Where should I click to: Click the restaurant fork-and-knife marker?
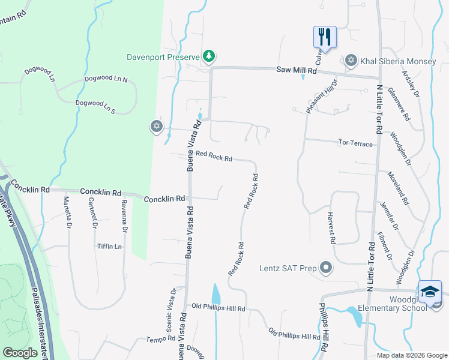click(x=325, y=36)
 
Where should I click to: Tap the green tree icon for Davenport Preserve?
click(x=208, y=57)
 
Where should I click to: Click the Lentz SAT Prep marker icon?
click(x=326, y=268)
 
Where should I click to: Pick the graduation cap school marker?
click(x=430, y=292)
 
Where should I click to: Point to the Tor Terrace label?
click(x=356, y=143)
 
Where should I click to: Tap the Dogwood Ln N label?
click(x=106, y=79)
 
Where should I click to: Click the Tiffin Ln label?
click(x=109, y=247)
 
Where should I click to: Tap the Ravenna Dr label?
click(x=124, y=215)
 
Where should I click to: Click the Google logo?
click(x=20, y=353)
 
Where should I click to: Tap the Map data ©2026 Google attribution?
click(x=411, y=355)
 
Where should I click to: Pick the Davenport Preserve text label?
click(x=163, y=58)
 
